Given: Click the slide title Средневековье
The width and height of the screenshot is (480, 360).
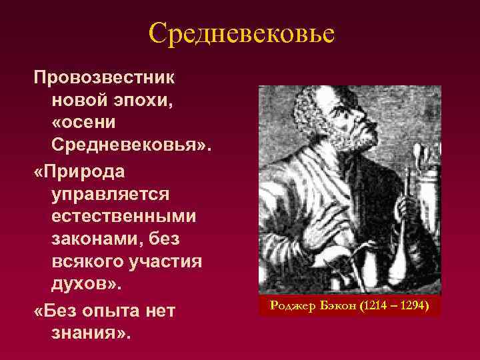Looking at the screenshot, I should pyautogui.click(x=240, y=32).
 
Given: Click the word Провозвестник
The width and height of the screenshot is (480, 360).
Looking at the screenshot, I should pyautogui.click(x=105, y=77).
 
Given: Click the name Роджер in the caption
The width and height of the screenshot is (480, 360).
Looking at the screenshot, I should pyautogui.click(x=291, y=306).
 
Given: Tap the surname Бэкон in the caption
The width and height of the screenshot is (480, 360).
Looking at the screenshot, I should pyautogui.click(x=336, y=306).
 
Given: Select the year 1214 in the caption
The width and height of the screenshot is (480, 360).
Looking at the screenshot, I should pyautogui.click(x=372, y=306).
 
